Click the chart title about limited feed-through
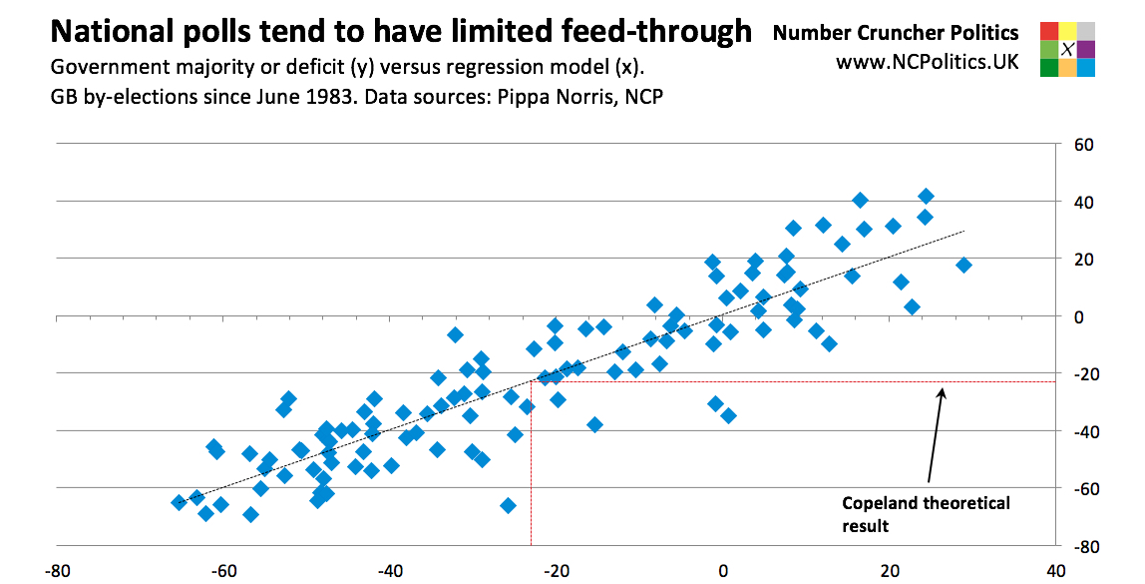400,33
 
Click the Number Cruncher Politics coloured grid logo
1067,49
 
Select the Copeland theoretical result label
926,513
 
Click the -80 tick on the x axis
59,573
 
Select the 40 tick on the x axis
1054,573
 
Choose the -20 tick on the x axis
557,573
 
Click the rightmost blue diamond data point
963,265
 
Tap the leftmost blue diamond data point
179,502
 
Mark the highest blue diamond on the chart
926,196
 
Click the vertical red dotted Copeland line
531,469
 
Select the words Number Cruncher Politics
896,33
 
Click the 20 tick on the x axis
889,573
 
